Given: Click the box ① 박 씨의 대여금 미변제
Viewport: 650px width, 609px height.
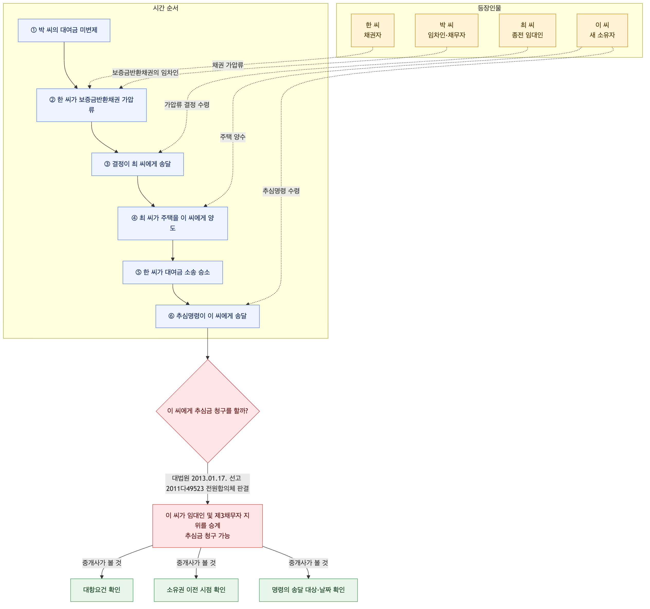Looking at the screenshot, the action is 64,30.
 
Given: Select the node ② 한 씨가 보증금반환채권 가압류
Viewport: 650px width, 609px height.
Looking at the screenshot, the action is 92,105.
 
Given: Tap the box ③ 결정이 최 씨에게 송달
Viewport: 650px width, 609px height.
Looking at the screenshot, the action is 138,164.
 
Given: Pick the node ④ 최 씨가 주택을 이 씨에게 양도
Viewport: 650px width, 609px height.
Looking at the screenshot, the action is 173,223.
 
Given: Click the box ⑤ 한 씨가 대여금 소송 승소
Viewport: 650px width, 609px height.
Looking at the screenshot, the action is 173,272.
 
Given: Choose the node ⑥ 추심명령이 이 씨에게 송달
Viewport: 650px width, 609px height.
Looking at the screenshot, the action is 207,316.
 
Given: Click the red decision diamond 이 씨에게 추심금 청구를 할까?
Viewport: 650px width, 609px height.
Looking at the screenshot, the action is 207,411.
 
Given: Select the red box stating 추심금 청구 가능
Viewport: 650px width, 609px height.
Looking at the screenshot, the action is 207,526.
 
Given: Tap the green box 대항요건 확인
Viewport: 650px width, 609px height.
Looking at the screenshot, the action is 102,590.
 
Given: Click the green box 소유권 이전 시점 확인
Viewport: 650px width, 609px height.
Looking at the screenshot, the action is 196,590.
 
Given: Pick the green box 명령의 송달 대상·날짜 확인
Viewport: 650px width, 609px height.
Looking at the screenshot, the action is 308,590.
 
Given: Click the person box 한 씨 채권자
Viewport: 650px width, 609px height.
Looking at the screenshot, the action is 373,30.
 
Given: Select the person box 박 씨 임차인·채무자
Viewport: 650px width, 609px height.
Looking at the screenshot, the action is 447,30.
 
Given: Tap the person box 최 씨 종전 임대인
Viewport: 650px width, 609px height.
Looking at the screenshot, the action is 527,30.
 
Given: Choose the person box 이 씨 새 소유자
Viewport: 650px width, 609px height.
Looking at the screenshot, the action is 602,30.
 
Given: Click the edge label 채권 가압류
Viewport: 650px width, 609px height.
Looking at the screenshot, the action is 228,65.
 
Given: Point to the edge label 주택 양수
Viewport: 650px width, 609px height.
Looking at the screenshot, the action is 233,137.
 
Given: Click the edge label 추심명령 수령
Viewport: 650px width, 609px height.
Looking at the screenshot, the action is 281,191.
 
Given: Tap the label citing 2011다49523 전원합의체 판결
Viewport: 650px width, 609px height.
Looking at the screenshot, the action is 207,488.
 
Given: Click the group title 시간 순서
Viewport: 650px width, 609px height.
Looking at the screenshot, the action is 166,8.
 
